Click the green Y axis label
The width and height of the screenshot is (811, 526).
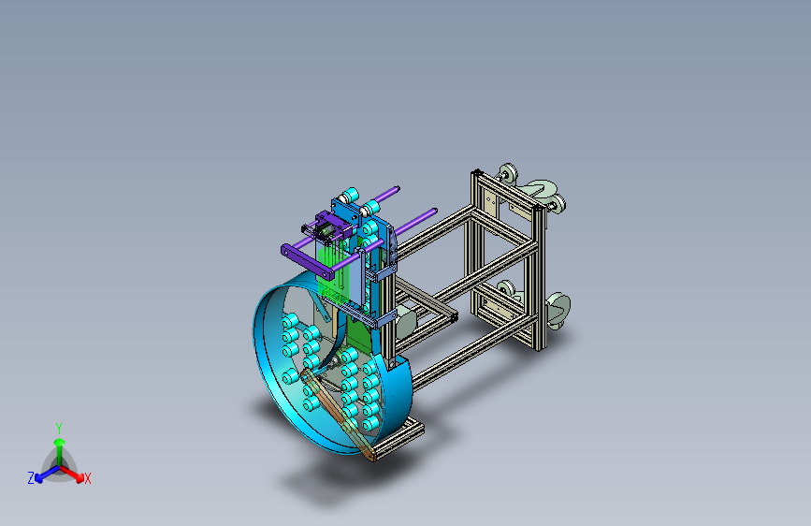click(x=59, y=429)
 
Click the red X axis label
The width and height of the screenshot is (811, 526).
click(x=87, y=479)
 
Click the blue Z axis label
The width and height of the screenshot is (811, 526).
click(x=31, y=478)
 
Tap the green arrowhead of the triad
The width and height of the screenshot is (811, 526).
click(x=60, y=442)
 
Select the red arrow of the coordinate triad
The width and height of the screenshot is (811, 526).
click(x=72, y=474)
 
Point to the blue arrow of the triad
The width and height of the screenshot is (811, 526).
click(x=47, y=474)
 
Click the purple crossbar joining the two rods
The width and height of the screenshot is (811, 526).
click(x=307, y=262)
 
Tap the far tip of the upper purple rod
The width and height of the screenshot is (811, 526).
click(x=397, y=188)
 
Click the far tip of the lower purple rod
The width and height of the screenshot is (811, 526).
click(x=434, y=212)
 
